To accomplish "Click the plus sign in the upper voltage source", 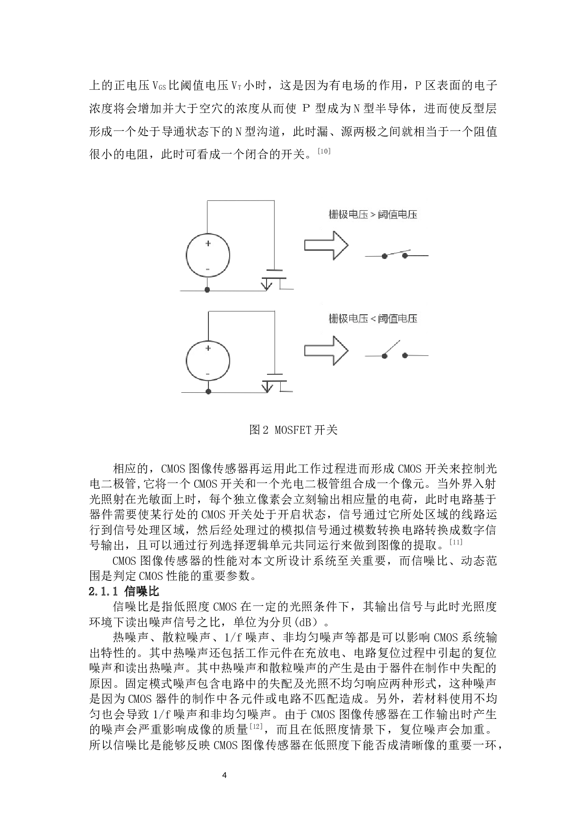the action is click(208, 243).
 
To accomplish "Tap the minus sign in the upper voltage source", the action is click(207, 269).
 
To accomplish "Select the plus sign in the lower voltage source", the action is click(208, 348).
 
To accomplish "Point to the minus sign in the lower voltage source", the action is click(207, 374).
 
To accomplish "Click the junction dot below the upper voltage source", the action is click(207, 290).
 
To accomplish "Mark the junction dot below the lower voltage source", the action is click(208, 391).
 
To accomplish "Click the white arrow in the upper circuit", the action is click(326, 245).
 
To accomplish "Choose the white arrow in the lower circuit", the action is click(326, 350).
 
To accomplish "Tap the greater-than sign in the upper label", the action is click(373, 215).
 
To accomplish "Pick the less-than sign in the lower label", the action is click(373, 319).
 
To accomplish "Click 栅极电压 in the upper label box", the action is click(348, 215).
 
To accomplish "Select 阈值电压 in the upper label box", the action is click(397, 215).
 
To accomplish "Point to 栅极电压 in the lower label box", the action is click(348, 319).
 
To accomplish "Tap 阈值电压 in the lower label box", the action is click(397, 319).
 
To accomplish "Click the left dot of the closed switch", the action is click(385, 256).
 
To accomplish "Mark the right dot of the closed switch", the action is click(405, 256).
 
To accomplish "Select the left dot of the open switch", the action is click(385, 356).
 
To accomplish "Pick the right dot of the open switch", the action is click(405, 355).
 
